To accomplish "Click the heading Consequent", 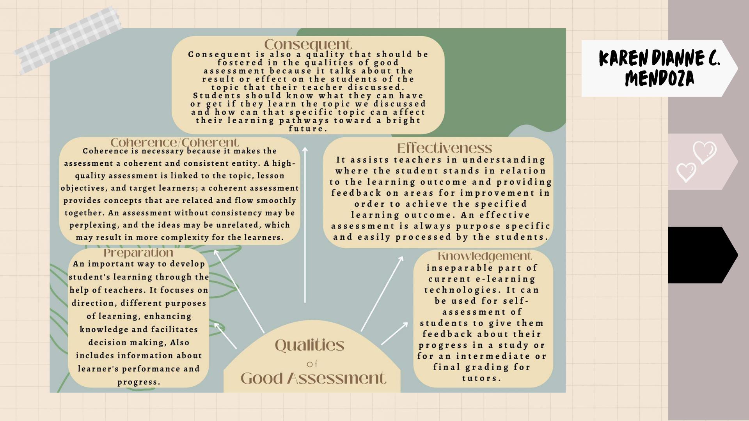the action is (x=308, y=44).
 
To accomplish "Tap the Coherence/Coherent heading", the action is (x=174, y=142).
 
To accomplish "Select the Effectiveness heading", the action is (x=444, y=148).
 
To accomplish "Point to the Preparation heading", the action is (x=138, y=253).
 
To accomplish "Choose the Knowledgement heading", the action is (x=485, y=256).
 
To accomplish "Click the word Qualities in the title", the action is (x=310, y=345).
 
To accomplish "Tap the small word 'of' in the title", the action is (x=312, y=364).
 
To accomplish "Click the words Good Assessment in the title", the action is (x=313, y=378).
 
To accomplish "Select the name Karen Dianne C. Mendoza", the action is (x=659, y=68).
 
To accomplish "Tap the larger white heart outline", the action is (x=705, y=152).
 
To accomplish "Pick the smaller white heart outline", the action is (x=686, y=172).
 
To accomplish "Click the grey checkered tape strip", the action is (x=68, y=40).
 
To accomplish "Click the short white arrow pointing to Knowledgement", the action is (x=394, y=334).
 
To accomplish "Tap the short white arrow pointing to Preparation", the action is (x=225, y=336).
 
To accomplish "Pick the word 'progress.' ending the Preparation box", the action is (x=139, y=382).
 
